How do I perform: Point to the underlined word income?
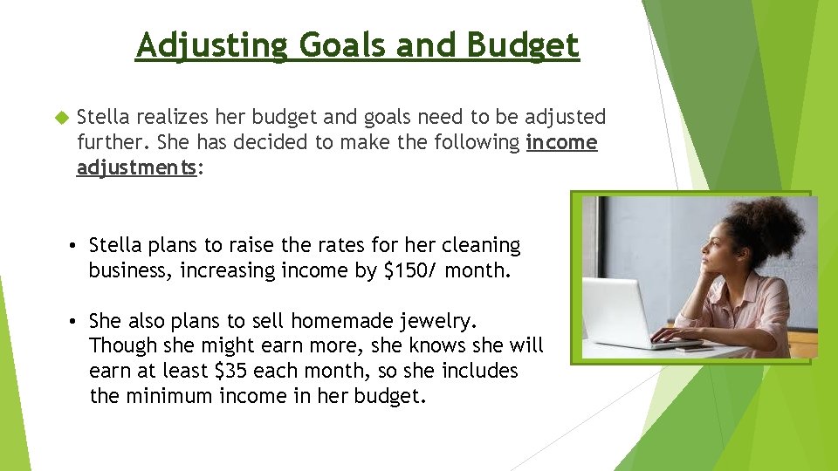(x=562, y=142)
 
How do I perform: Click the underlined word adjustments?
(x=137, y=167)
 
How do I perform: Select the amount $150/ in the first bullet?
(x=411, y=270)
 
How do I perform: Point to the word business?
(x=131, y=270)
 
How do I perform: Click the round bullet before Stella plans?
(x=76, y=246)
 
